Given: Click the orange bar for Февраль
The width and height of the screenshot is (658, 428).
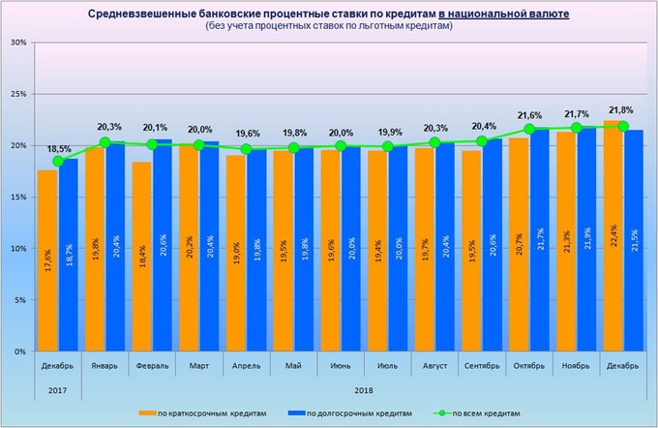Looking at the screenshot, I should click(x=142, y=257).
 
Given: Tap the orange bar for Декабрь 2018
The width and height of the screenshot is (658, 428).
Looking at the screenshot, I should click(x=613, y=236).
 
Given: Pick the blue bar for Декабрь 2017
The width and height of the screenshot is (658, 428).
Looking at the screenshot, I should click(x=69, y=255).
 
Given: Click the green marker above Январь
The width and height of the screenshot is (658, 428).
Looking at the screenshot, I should click(x=105, y=142).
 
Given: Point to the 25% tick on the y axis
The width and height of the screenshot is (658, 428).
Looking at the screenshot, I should click(x=18, y=94).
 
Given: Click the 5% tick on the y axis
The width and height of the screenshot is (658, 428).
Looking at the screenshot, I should click(x=19, y=300).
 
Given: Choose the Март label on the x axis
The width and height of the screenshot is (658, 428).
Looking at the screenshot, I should click(x=199, y=366).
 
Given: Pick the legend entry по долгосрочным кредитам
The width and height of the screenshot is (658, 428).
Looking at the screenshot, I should click(x=357, y=413).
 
